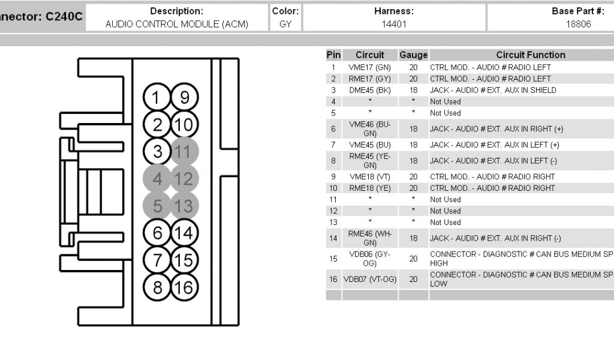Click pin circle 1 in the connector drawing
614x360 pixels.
[x=157, y=98]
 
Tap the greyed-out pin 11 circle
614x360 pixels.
[x=185, y=151]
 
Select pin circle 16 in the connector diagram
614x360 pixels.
[x=185, y=287]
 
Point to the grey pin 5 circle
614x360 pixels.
[x=157, y=206]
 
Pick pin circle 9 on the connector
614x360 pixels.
[x=185, y=98]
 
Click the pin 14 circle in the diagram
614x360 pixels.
[x=185, y=233]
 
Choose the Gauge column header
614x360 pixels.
[x=413, y=55]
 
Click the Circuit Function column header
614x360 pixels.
[x=531, y=55]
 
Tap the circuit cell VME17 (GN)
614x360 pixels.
[x=370, y=67]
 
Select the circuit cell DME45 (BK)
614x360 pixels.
[x=370, y=90]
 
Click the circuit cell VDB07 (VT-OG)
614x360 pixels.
[x=370, y=279]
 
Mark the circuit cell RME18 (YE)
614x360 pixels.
[x=370, y=188]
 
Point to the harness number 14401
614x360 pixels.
[x=394, y=25]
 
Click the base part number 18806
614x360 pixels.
[x=578, y=25]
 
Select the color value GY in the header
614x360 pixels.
[x=285, y=25]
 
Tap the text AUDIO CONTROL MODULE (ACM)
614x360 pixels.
[x=176, y=25]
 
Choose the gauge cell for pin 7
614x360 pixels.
[x=413, y=145]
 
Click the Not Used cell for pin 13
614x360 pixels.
[x=446, y=222]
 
